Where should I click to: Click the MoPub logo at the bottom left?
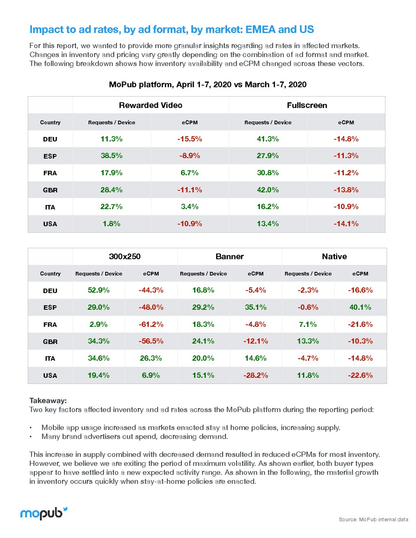44,513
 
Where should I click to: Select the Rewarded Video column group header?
150,105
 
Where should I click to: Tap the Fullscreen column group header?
307,105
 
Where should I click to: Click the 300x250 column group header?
125,256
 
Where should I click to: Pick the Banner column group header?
230,256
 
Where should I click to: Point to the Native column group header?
334,256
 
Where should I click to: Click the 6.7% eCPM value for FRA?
190,173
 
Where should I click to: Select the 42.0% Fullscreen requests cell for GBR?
268,190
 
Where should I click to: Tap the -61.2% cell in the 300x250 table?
151,324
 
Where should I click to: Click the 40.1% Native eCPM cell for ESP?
360,307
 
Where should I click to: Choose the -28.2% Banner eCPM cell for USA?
256,375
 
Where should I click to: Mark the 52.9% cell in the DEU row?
99,290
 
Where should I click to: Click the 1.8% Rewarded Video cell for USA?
111,224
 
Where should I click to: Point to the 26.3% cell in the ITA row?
151,358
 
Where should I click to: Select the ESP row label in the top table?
50,156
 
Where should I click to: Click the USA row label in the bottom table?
50,375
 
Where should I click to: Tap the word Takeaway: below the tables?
48,401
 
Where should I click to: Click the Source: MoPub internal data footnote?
373,519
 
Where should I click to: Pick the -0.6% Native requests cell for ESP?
308,307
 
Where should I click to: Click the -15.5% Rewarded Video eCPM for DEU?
190,139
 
